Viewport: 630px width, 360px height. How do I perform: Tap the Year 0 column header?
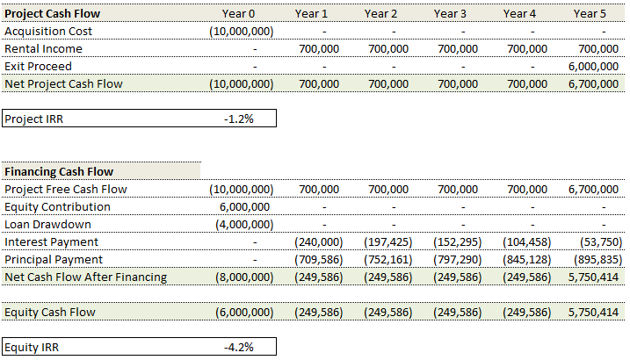[239, 13]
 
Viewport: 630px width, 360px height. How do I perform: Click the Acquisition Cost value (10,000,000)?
[242, 31]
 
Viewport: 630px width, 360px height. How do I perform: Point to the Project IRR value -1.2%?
[238, 119]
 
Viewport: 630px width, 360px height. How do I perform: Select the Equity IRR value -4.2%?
[238, 347]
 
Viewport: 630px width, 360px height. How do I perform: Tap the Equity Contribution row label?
[57, 206]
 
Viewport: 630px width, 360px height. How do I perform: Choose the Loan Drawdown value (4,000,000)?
[242, 224]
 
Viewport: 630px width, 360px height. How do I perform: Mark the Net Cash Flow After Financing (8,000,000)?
[242, 277]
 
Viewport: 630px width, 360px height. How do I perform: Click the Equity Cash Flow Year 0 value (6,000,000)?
[242, 312]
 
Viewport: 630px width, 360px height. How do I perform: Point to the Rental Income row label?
[44, 48]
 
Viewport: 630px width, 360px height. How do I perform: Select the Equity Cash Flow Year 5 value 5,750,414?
[593, 312]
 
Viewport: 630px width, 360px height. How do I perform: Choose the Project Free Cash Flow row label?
[65, 189]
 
